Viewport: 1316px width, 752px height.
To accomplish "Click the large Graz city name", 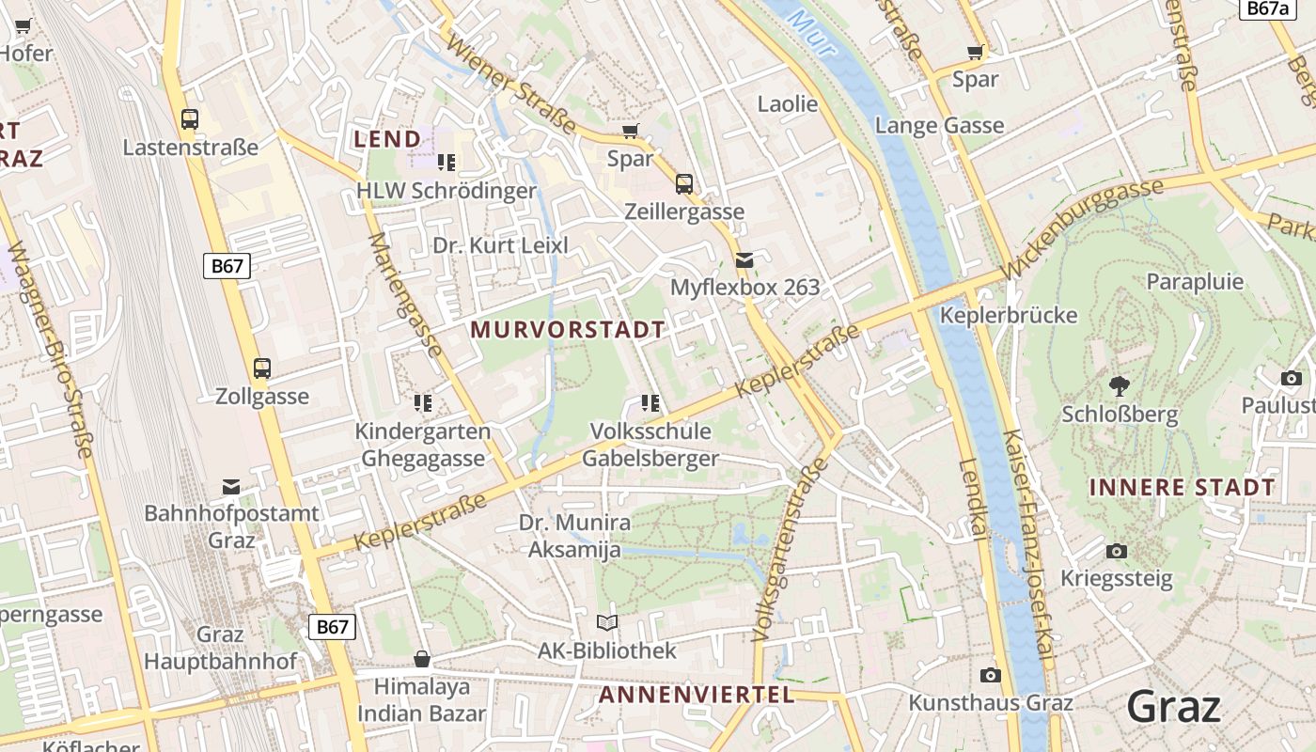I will click(x=1174, y=707).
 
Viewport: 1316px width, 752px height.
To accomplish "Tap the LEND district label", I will click(x=387, y=139).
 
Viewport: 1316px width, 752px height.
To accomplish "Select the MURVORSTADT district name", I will click(x=568, y=330).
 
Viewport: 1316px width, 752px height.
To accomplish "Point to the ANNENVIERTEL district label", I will click(x=697, y=695).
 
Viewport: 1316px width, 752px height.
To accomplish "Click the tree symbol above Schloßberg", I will click(x=1119, y=385).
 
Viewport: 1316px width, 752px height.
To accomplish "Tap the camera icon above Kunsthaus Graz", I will click(x=990, y=675).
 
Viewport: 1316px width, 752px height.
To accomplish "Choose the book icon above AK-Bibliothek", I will click(x=607, y=622).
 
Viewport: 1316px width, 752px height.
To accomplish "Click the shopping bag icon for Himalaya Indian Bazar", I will click(x=422, y=659).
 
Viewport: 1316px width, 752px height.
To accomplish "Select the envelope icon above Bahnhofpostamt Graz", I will click(x=231, y=486).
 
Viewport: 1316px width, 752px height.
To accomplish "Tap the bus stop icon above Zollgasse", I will click(x=262, y=368).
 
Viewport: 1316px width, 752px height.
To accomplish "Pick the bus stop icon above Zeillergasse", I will click(x=684, y=184).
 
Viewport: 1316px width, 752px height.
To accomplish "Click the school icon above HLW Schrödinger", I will click(x=446, y=163).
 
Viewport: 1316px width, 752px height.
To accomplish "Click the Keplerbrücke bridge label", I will click(x=1009, y=315).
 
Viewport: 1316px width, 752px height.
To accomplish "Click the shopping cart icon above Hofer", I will click(x=23, y=26).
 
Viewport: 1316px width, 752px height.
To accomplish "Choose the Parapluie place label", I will click(x=1195, y=281).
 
